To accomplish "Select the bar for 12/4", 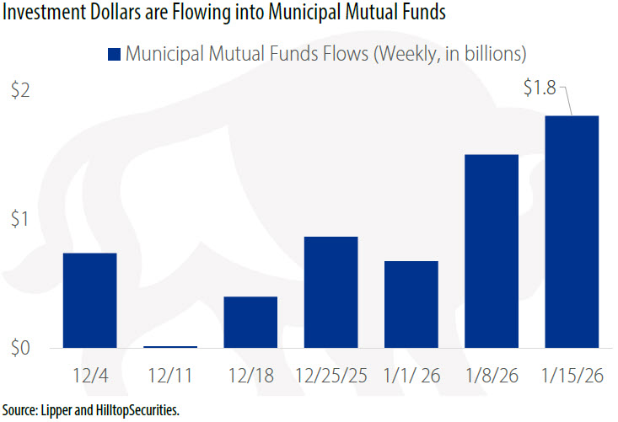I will coord(89,301).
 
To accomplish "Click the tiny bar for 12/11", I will coord(169,346).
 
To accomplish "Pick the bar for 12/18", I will coord(250,323).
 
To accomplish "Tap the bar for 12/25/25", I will coord(330,292).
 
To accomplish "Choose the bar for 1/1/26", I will coord(411,305).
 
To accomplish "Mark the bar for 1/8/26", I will coord(492,251).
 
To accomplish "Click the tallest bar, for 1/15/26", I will coord(572,232).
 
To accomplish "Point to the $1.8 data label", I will coord(540,88).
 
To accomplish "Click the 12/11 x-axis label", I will coord(169,375).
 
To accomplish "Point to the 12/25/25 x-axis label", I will coord(330,375).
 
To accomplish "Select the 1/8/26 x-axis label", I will coord(492,375).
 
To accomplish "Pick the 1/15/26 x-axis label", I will coord(572,375).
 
